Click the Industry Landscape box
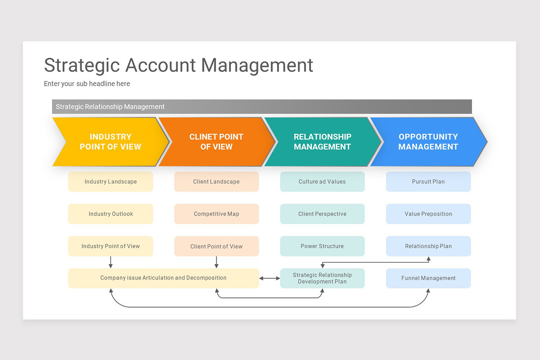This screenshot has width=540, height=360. coord(111,182)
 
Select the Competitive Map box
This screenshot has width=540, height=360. coord(216,214)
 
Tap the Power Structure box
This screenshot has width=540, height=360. coord(322,247)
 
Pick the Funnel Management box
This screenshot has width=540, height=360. coord(428,279)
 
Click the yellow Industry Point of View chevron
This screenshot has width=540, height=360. coord(110,142)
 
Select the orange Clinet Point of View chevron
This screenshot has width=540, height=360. coord(216,142)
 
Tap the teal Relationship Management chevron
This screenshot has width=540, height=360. coord(322,142)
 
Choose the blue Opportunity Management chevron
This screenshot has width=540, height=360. coord(428,142)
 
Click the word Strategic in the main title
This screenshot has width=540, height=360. coord(82,65)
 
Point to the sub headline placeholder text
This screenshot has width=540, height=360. coord(87,84)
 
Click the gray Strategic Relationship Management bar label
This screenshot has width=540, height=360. coord(110,107)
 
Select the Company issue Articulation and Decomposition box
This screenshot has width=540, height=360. coord(163,278)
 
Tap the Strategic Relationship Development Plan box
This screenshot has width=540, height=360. coord(322,279)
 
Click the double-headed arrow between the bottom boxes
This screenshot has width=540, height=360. coord(270,279)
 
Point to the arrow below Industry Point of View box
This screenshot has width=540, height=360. coord(111,262)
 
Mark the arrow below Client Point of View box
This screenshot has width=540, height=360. coord(216,262)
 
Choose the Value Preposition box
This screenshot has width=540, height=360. coord(428,214)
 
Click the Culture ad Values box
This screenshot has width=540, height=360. coord(322,182)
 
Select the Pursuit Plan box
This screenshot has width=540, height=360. coord(428,182)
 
